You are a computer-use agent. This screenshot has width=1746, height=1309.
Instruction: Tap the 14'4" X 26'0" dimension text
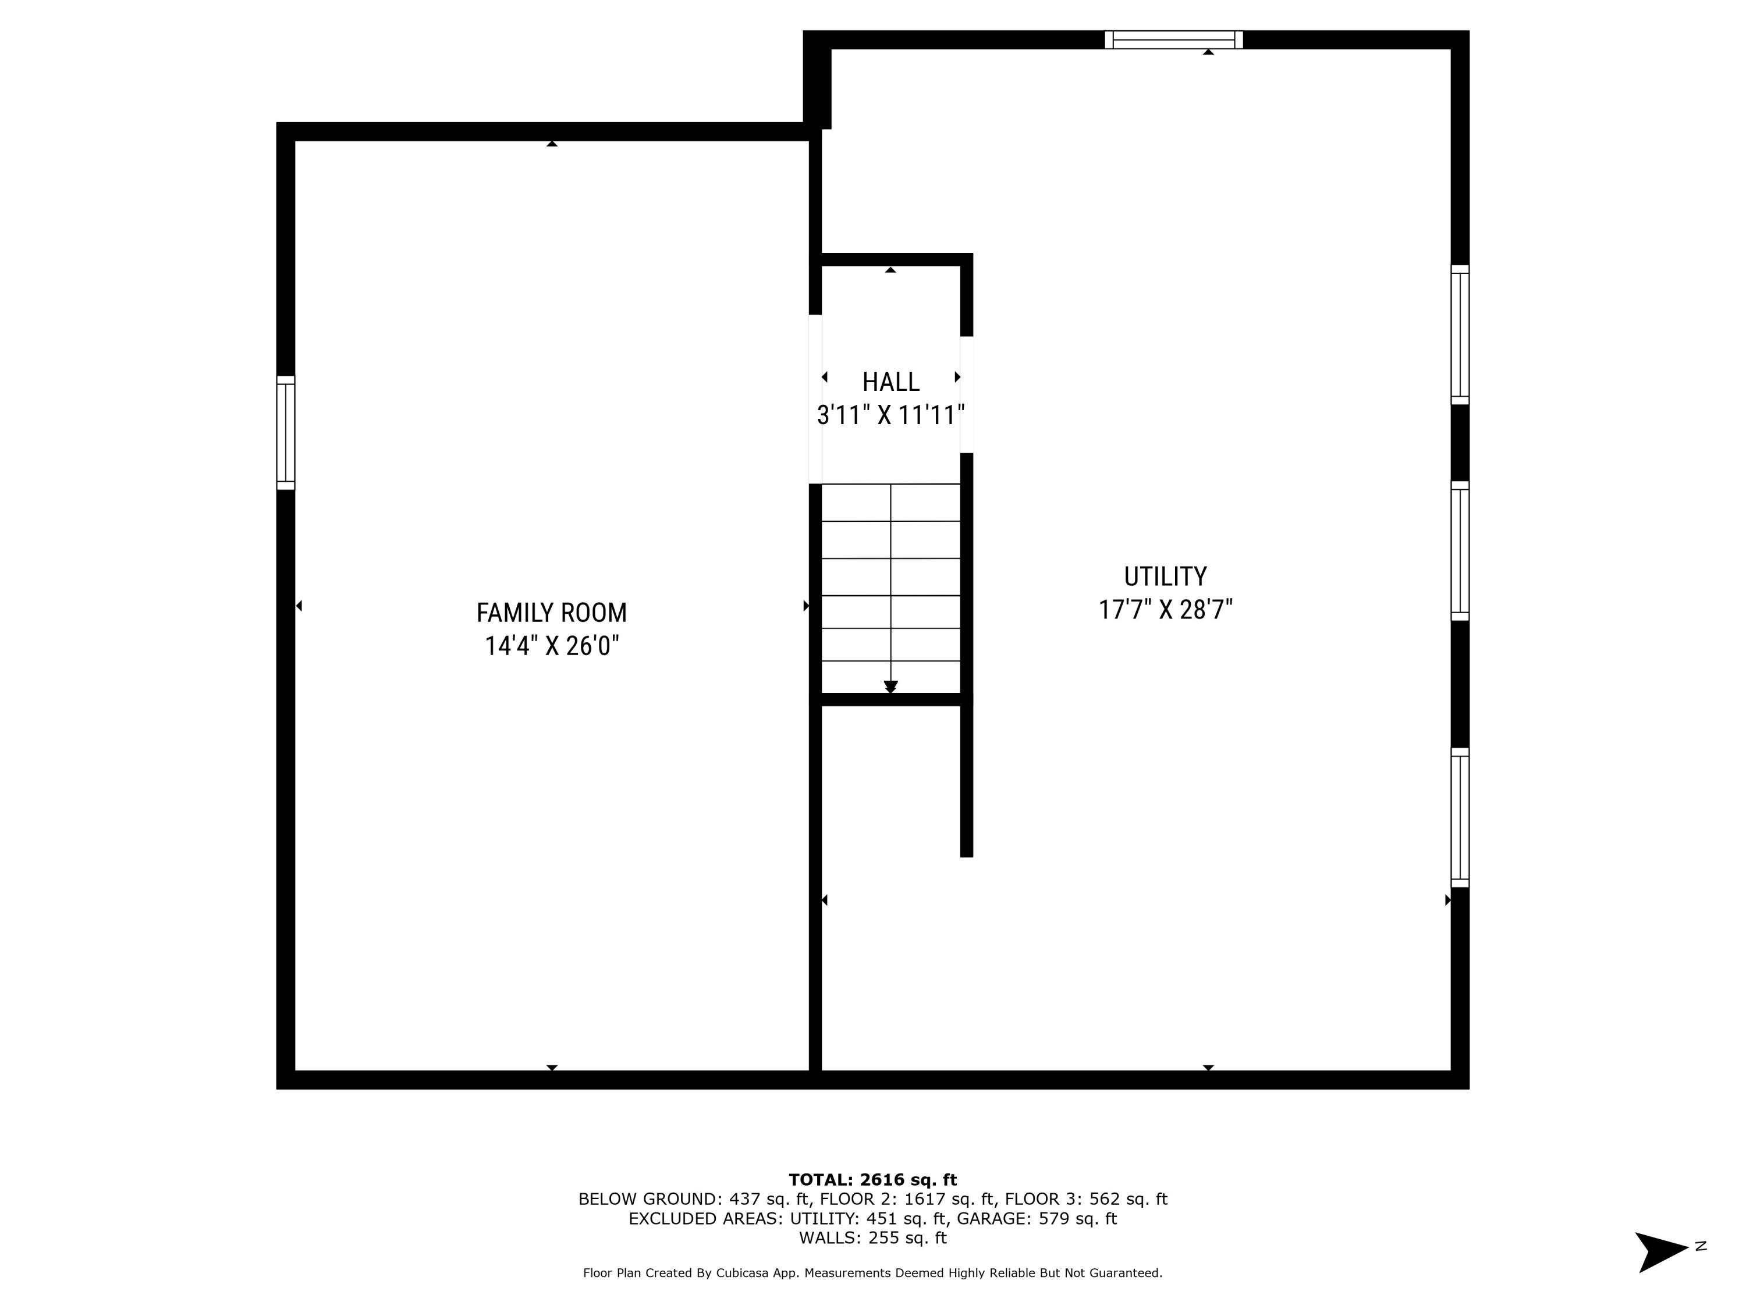[x=551, y=646]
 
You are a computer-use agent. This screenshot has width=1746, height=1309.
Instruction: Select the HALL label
[x=890, y=382]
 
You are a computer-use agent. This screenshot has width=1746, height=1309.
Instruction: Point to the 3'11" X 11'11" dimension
[x=890, y=415]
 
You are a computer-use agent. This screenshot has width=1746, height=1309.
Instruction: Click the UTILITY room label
[x=1165, y=577]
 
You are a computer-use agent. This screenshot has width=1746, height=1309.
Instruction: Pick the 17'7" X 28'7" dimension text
[x=1165, y=610]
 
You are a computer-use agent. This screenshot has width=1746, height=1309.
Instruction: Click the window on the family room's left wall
[x=286, y=432]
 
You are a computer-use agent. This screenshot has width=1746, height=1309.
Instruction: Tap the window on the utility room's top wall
[x=1174, y=40]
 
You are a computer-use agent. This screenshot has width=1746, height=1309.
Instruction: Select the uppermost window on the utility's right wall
[x=1460, y=335]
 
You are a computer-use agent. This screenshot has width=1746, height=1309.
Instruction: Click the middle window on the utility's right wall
[x=1460, y=551]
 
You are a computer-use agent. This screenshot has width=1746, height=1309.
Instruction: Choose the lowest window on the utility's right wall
[x=1460, y=817]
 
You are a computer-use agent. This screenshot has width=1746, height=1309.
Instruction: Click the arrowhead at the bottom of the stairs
[x=890, y=686]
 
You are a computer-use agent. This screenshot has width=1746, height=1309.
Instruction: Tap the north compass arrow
[x=1661, y=1251]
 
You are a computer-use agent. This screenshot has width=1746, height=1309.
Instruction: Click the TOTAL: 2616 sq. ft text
[x=872, y=1180]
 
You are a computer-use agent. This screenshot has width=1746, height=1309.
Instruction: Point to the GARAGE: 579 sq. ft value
[x=1037, y=1218]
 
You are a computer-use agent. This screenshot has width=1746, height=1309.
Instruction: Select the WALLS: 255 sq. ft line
[x=872, y=1238]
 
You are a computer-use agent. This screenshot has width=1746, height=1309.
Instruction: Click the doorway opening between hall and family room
[x=815, y=399]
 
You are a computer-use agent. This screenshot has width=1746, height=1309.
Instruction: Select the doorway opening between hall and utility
[x=966, y=394]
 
